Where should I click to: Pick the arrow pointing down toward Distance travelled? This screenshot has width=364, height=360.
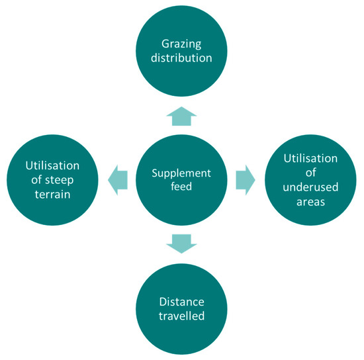click(181, 244)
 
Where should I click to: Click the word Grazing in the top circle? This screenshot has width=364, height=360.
click(181, 44)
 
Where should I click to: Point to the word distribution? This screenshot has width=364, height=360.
click(181, 58)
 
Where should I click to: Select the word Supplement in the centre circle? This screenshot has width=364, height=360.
click(181, 173)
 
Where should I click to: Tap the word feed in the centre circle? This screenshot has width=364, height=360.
click(181, 187)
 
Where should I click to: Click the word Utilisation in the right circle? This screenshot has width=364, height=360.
click(310, 159)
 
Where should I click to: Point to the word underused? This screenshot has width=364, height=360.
click(310, 187)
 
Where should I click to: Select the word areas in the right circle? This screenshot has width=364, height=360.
click(310, 201)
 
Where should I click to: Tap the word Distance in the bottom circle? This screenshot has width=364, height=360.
click(181, 301)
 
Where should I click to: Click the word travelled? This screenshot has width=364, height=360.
click(181, 316)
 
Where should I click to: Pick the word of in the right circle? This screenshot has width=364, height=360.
click(310, 173)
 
